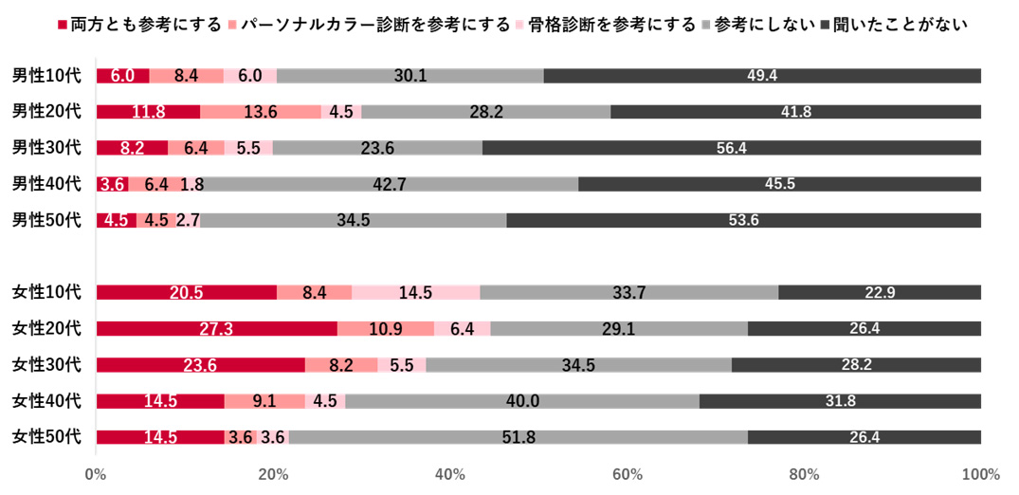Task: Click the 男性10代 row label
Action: tap(47, 76)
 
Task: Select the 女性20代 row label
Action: tap(47, 329)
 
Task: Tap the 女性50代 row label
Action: tap(47, 437)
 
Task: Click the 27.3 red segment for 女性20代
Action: tap(217, 329)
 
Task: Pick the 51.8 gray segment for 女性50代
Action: tap(518, 437)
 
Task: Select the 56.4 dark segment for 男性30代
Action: tap(732, 148)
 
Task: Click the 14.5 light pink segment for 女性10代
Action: tap(415, 293)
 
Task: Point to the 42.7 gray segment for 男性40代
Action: tap(390, 184)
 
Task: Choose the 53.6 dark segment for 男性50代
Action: tap(744, 220)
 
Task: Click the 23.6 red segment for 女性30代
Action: tap(201, 365)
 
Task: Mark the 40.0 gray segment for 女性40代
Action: tap(522, 401)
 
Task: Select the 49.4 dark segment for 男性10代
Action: tap(762, 76)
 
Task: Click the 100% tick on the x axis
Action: tap(980, 474)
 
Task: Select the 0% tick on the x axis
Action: tap(96, 474)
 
